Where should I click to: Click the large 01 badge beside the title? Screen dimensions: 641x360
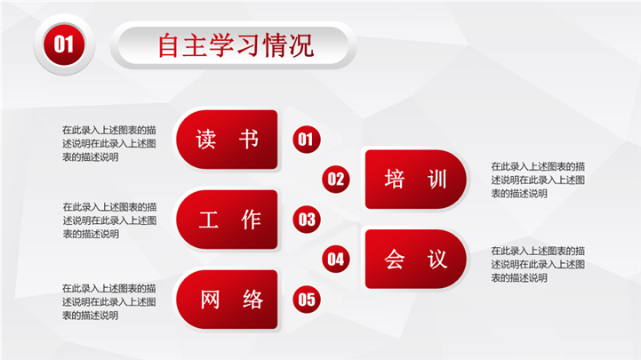[64, 44]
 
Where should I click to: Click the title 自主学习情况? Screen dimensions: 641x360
[236, 45]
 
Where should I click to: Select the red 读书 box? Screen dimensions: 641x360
[227, 140]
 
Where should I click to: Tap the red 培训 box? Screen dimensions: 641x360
[416, 180]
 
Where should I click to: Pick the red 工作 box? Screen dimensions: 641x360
[227, 220]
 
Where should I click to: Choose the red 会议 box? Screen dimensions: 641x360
[416, 259]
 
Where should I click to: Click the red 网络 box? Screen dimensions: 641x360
[227, 300]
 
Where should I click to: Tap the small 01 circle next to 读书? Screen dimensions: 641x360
[306, 140]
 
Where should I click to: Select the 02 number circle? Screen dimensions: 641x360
[336, 179]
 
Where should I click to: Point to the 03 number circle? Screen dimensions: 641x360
[306, 220]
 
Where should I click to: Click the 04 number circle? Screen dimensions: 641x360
[336, 259]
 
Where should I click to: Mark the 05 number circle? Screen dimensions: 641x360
[306, 300]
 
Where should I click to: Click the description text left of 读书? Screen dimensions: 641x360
[109, 143]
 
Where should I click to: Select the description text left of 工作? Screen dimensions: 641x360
[109, 220]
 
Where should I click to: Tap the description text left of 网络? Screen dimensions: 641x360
[109, 302]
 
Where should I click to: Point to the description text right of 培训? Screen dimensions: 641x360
[538, 180]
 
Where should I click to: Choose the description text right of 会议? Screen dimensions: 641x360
[538, 264]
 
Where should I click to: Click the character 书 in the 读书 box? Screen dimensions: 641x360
[249, 140]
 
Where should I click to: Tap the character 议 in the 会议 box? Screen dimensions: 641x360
[437, 259]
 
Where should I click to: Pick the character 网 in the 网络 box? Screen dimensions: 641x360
[210, 300]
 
